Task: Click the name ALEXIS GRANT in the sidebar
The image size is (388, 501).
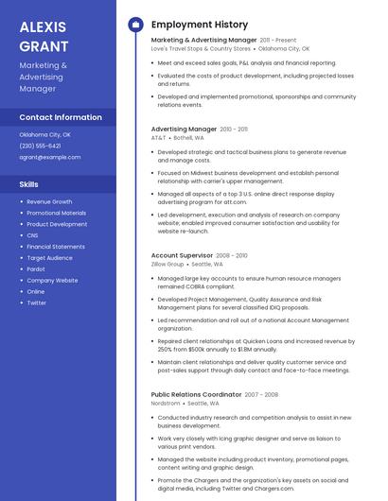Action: [x=44, y=35]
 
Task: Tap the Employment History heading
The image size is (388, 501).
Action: [x=199, y=25]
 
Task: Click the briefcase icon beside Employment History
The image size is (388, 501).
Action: [x=135, y=25]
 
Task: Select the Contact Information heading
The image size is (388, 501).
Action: [x=61, y=117]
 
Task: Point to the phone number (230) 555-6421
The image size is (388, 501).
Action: [x=40, y=146]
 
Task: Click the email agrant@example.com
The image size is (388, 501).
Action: [x=50, y=157]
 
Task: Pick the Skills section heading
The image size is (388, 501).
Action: [x=29, y=184]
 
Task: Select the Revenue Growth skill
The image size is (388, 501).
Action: [x=49, y=201]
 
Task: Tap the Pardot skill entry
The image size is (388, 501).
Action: [x=37, y=268]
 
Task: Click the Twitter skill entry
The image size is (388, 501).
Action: [x=37, y=302]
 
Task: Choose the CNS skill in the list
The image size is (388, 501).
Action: [x=32, y=235]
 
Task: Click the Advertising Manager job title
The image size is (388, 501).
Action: [x=184, y=129]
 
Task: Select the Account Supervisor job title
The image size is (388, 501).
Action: [x=182, y=255]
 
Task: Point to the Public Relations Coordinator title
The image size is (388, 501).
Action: [x=196, y=394]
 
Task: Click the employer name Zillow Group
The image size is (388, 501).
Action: [x=168, y=264]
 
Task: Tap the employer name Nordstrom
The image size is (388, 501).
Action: [x=166, y=403]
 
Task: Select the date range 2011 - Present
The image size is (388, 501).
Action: [x=278, y=41]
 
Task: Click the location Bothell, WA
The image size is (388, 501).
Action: [x=188, y=137]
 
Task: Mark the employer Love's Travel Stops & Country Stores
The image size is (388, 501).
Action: [x=201, y=48]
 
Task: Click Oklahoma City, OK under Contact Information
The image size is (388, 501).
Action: [x=44, y=134]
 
